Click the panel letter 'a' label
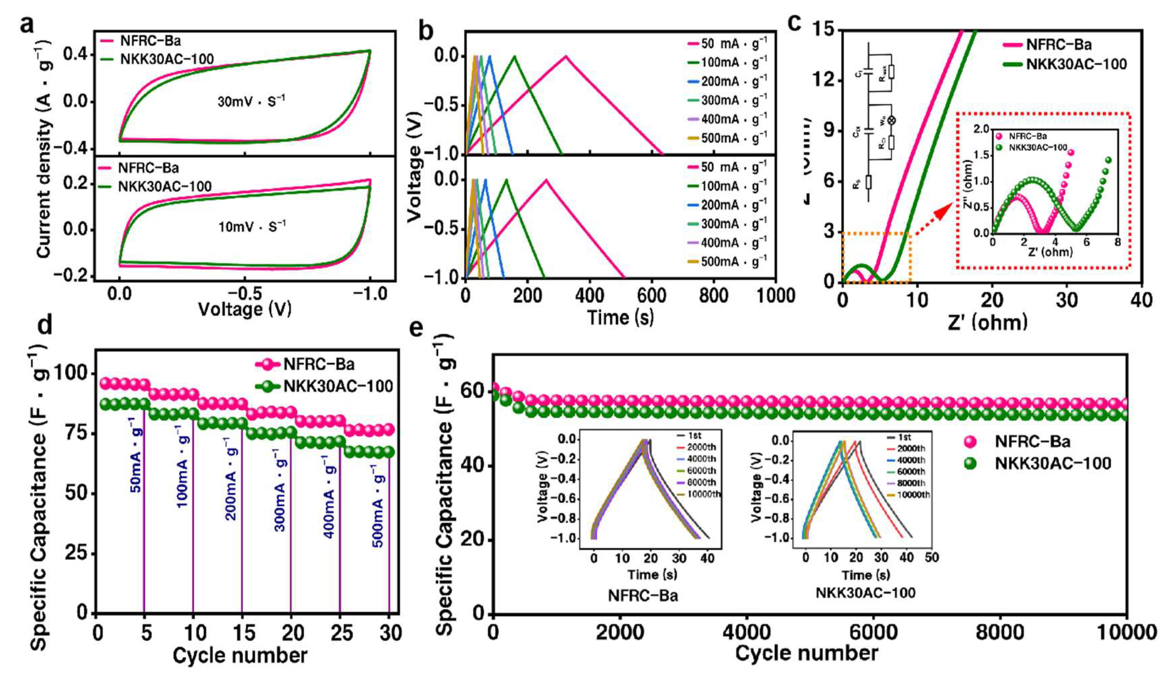27,23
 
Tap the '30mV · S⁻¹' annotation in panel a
252,101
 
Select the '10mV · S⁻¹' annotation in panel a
252,227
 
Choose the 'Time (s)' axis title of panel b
620,318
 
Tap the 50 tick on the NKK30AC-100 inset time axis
931,557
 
